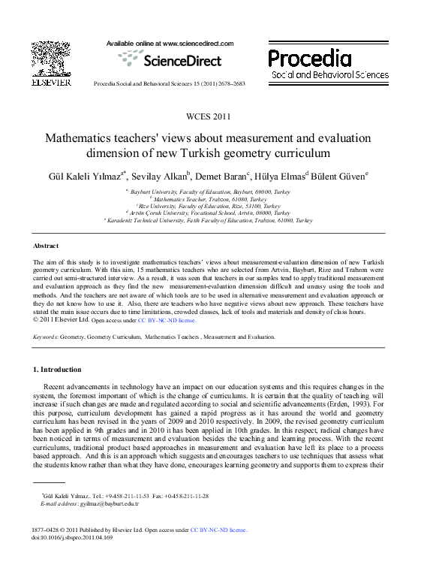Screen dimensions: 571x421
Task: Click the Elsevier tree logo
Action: point(50,59)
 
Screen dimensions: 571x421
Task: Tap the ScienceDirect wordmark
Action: point(180,61)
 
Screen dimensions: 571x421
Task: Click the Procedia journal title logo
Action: point(309,59)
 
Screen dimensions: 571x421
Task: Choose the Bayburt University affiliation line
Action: point(210,192)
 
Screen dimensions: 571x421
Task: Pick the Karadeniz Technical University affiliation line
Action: point(210,221)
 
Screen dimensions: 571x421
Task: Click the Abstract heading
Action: point(46,246)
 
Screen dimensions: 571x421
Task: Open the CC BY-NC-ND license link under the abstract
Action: point(167,319)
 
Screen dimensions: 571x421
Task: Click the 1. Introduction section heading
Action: point(57,370)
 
